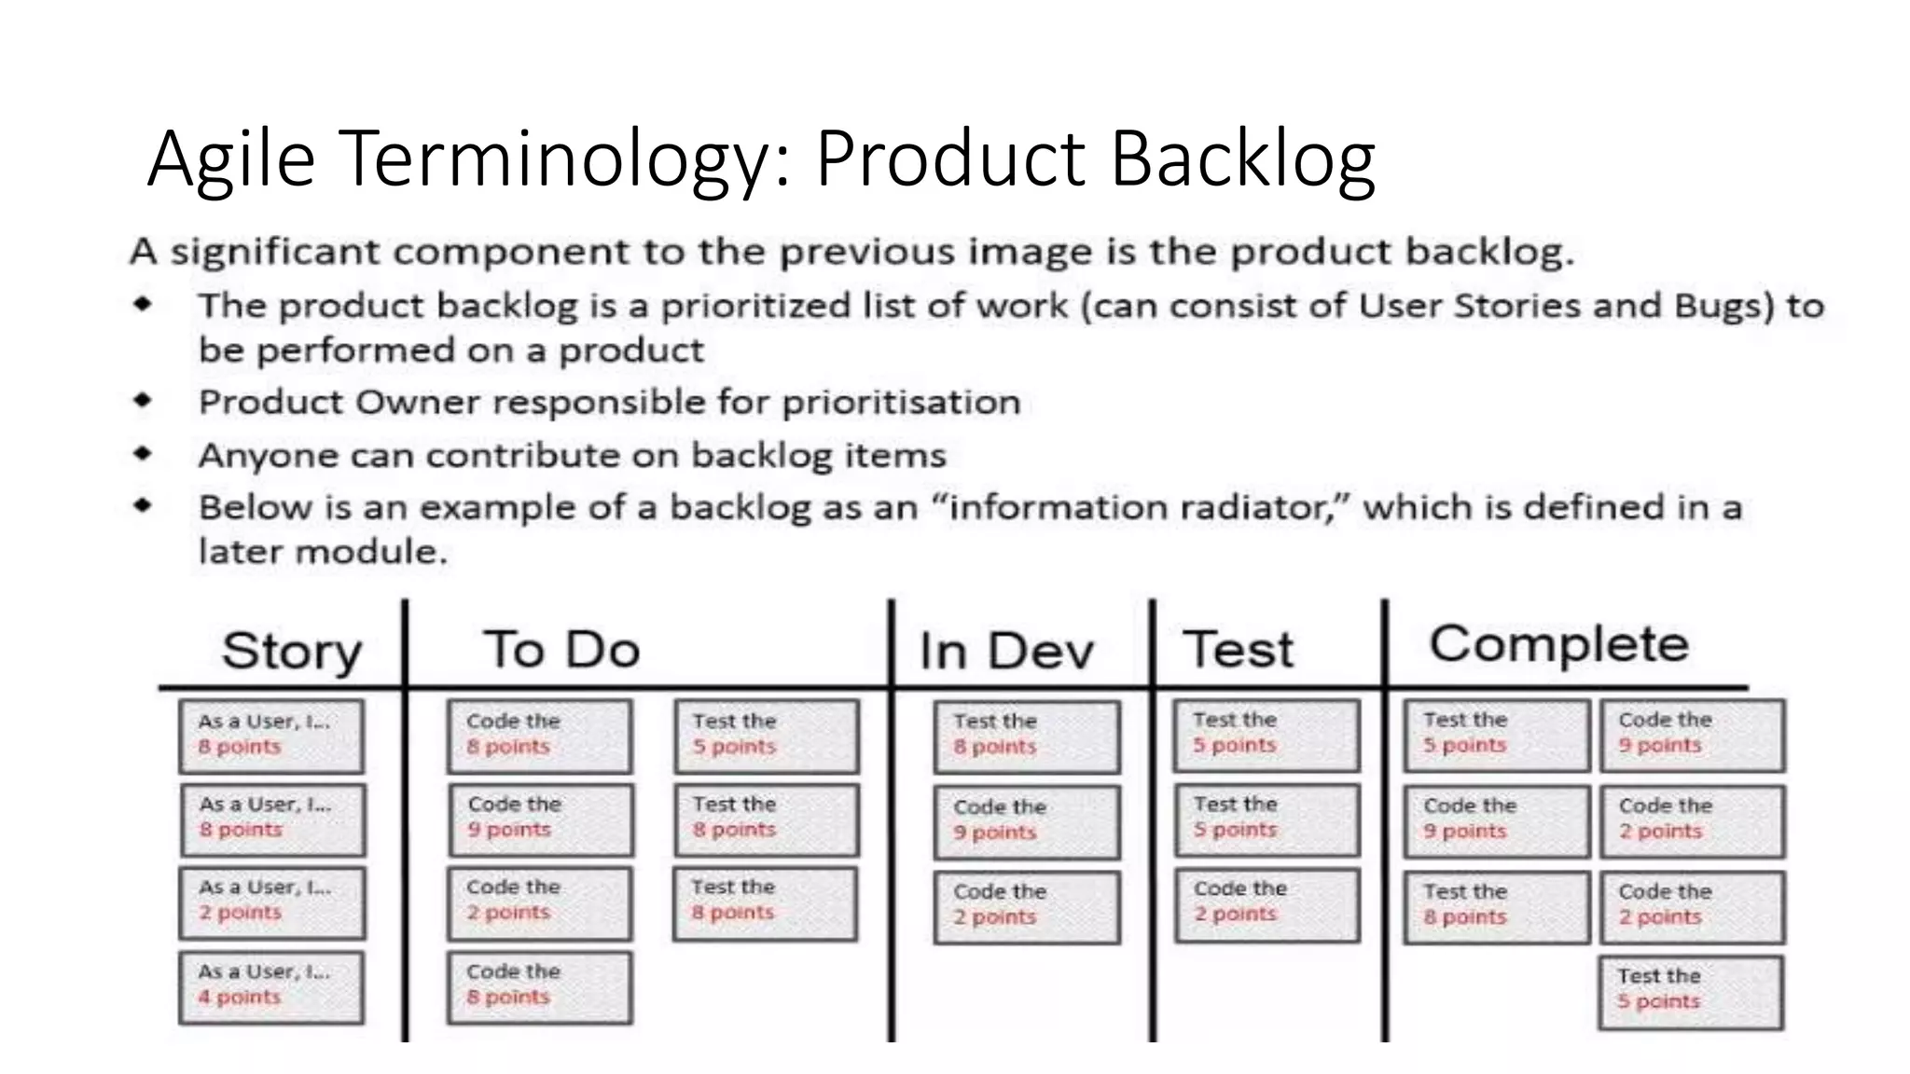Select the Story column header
click(x=291, y=650)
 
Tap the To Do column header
click(x=561, y=649)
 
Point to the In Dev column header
click(x=1005, y=650)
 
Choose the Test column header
click(x=1239, y=649)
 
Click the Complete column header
click(x=1558, y=643)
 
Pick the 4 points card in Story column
click(x=271, y=987)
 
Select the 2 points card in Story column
click(x=271, y=902)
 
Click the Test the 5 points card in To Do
click(x=766, y=737)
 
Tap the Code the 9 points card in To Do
click(x=540, y=819)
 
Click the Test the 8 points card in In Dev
click(x=1026, y=737)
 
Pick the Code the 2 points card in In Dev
click(x=1026, y=906)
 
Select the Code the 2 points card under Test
click(x=1266, y=904)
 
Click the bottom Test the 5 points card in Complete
click(x=1690, y=991)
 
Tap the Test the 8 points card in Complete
click(x=1496, y=906)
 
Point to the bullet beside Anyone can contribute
click(x=143, y=454)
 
